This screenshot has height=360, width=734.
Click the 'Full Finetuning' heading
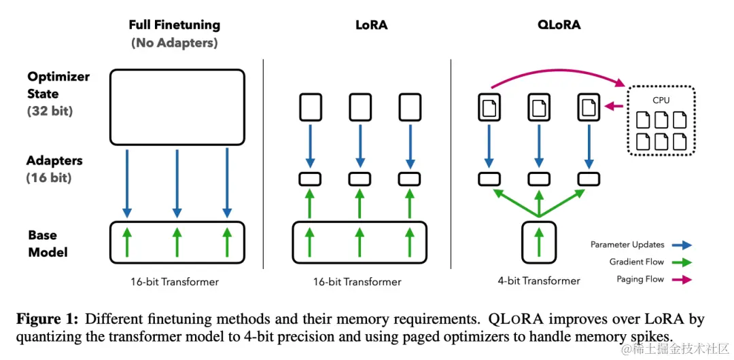tap(174, 24)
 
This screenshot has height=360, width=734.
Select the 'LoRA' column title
tap(371, 24)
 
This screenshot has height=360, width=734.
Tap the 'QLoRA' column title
tap(559, 25)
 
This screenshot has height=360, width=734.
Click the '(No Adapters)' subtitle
tap(175, 43)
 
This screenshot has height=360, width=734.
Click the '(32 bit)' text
tap(50, 111)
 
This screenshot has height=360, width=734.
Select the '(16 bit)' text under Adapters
tap(49, 178)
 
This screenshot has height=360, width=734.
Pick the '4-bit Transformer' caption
tap(539, 281)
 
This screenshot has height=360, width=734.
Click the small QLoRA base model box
tap(539, 242)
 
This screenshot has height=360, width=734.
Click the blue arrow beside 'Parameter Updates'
tap(682, 245)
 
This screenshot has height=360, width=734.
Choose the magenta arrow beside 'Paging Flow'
tap(682, 280)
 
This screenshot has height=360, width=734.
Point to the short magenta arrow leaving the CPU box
tap(614, 107)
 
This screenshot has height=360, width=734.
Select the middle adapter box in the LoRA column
tap(360, 179)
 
